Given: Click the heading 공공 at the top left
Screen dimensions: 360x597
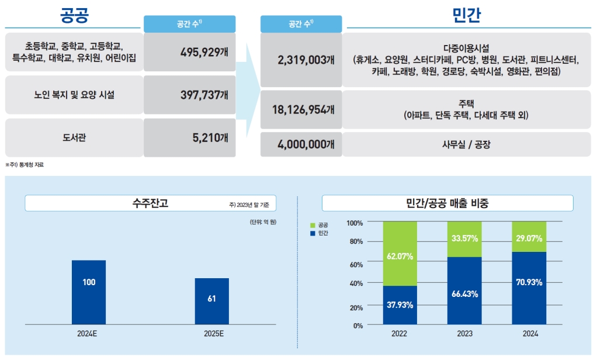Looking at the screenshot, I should tap(74, 15).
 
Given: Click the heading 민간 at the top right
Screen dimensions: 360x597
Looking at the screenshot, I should tap(467, 15).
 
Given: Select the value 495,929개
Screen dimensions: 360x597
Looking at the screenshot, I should tap(204, 52).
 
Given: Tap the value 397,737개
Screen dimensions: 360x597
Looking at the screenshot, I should tap(204, 95).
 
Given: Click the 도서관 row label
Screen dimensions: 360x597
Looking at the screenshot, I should tap(74, 138).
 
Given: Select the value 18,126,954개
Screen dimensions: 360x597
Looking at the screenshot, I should tap(301, 109).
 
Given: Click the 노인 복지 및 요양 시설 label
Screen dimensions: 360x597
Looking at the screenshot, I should tap(74, 95).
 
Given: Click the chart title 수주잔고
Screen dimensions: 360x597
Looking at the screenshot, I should tap(151, 203).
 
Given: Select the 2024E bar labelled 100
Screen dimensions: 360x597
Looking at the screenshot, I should tap(89, 292).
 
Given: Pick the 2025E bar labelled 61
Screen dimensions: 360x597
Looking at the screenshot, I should tap(211, 301).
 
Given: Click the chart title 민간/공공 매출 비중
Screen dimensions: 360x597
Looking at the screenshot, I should tap(447, 203).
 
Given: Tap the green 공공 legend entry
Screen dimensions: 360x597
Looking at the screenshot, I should tap(319, 224).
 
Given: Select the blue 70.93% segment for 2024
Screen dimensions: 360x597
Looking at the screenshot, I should tap(529, 288).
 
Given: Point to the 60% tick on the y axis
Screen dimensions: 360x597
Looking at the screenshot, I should tap(356, 264).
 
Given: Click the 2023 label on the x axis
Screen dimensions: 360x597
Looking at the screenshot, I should tap(465, 334).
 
